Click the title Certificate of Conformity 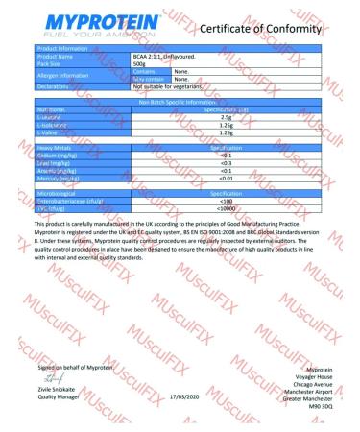tap(276, 31)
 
